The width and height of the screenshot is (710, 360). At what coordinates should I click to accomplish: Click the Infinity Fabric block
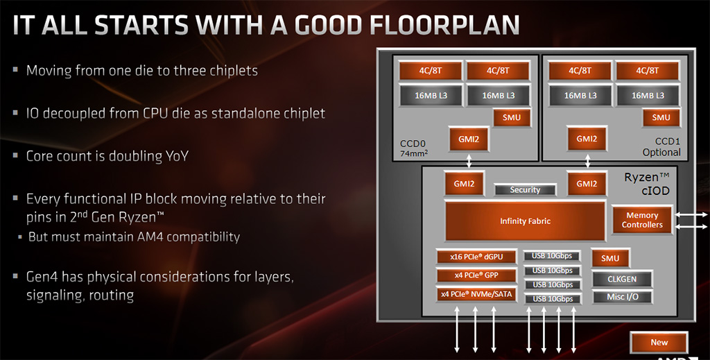(x=526, y=221)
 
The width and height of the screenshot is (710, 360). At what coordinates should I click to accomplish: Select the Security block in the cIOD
(x=526, y=190)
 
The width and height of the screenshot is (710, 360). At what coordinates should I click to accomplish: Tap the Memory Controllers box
(x=642, y=220)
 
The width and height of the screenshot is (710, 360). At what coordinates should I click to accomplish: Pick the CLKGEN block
(x=622, y=279)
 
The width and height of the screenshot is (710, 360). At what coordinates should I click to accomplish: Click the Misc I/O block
(x=622, y=297)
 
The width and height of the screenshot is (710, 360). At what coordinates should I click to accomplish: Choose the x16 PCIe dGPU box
(x=476, y=257)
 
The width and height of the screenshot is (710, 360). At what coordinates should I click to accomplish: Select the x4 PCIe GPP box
(x=476, y=275)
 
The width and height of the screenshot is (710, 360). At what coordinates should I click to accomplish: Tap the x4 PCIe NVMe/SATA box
(x=476, y=294)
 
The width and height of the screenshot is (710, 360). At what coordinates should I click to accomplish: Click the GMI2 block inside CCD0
(x=469, y=139)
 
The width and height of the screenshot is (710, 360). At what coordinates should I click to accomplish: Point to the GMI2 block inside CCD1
(x=587, y=139)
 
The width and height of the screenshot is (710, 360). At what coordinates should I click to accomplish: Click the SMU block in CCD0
(x=512, y=118)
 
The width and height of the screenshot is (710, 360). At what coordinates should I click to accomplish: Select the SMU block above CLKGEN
(x=610, y=259)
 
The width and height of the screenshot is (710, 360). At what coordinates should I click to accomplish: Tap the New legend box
(x=659, y=343)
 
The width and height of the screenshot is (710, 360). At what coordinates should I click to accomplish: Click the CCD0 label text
(x=413, y=144)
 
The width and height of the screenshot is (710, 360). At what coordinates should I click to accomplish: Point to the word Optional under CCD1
(x=661, y=153)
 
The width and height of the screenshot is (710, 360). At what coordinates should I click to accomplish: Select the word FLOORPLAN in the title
(x=444, y=25)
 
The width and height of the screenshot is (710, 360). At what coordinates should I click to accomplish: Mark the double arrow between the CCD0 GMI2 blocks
(x=469, y=161)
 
